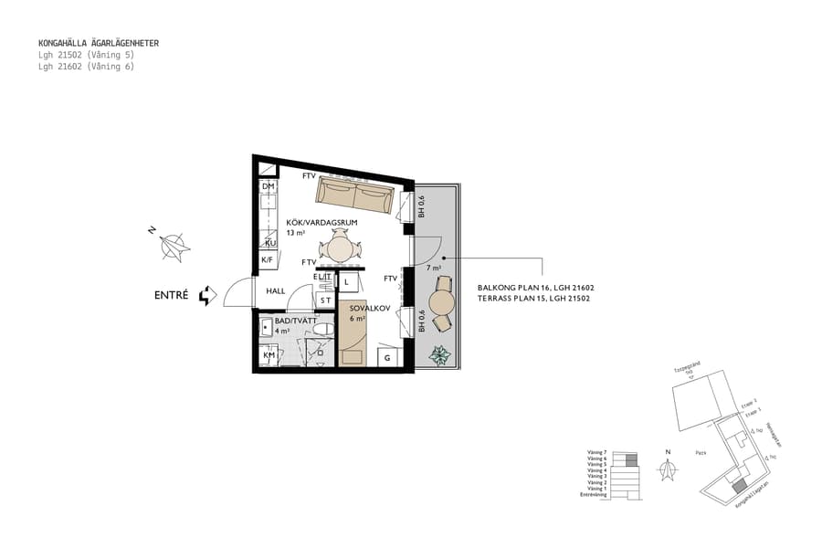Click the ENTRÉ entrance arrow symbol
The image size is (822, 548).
(x=208, y=294)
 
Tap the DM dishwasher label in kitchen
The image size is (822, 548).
(x=269, y=186)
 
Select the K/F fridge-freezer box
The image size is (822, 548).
(x=269, y=260)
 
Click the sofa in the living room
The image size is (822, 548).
(x=355, y=195)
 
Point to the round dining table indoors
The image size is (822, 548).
(x=340, y=248)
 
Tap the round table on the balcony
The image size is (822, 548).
(x=443, y=302)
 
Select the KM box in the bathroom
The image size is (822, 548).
(x=269, y=355)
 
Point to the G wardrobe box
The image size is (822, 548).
(x=389, y=356)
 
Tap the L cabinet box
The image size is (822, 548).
(x=348, y=281)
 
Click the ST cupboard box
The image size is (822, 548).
(x=325, y=299)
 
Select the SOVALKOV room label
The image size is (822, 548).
(x=370, y=309)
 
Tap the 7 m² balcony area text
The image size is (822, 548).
(x=434, y=269)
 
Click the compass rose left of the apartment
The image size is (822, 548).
(x=174, y=246)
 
